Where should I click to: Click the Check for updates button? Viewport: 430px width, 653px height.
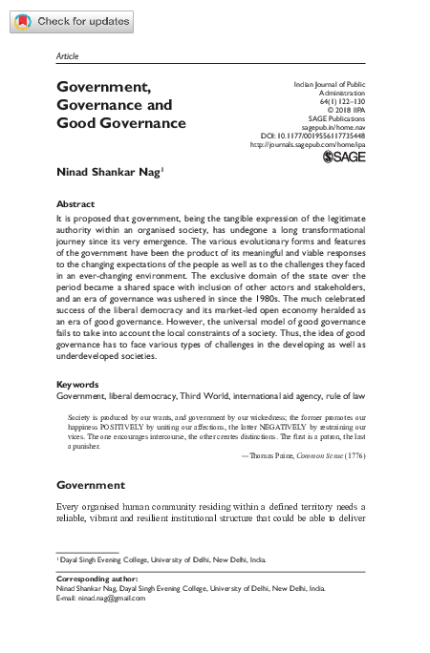[71, 20]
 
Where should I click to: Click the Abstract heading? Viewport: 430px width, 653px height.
[75, 204]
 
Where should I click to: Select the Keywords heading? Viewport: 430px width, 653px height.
[78, 385]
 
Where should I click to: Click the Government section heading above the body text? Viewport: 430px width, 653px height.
[91, 485]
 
